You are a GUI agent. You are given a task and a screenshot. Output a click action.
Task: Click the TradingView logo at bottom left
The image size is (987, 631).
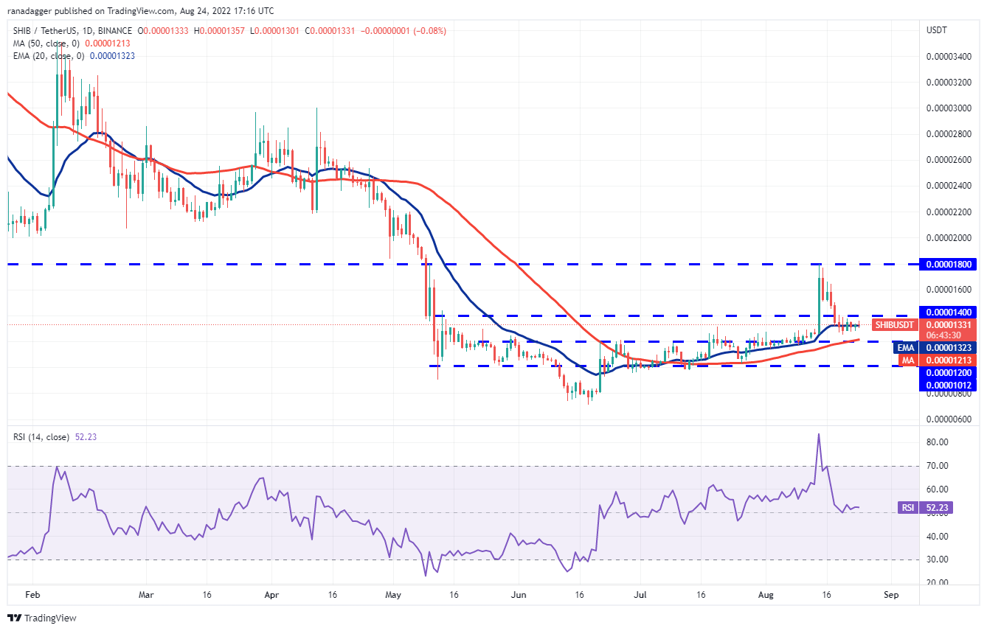click(x=42, y=618)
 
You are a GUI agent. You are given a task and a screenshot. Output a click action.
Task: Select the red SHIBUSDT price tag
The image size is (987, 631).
click(x=895, y=325)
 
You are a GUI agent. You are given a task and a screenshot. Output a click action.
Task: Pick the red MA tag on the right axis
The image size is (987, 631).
click(x=906, y=360)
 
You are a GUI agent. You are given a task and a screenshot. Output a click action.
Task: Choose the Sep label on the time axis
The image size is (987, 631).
click(x=891, y=593)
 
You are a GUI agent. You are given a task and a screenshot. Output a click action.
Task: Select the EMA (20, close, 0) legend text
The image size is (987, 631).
click(x=47, y=56)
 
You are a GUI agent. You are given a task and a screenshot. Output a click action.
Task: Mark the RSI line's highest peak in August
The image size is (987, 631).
click(x=818, y=434)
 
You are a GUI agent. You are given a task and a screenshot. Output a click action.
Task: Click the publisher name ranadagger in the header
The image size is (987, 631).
click(x=35, y=11)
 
